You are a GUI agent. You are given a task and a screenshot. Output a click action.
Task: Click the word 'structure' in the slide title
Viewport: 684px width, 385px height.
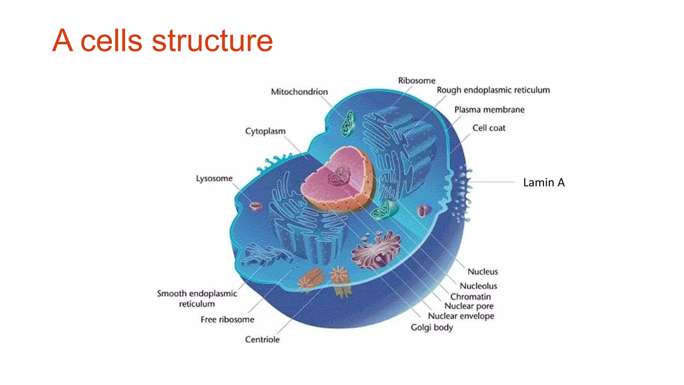click(212, 41)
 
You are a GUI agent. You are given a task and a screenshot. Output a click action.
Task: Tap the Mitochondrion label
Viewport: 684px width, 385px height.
click(299, 92)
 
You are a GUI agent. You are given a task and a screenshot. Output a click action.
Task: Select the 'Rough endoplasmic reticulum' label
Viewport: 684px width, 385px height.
click(493, 90)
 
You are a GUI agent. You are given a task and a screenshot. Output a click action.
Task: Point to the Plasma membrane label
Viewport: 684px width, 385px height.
click(489, 110)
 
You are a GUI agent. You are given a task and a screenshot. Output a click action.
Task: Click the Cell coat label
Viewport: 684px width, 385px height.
click(489, 128)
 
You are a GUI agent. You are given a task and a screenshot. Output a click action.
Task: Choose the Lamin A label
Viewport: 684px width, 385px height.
click(544, 182)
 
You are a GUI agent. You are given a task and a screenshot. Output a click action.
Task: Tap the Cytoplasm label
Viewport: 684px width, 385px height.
click(265, 131)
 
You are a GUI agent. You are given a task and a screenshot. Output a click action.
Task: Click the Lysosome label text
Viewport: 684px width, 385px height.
click(214, 178)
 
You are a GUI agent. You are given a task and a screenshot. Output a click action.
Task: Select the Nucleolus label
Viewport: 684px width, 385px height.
click(478, 286)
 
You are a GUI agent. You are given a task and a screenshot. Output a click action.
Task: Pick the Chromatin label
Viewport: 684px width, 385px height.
click(471, 297)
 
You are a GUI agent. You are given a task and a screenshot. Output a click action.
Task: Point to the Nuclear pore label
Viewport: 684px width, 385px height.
click(469, 306)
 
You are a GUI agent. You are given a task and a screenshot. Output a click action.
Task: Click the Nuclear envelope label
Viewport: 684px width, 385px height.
click(461, 316)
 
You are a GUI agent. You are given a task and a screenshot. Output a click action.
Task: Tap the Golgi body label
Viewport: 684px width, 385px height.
click(432, 328)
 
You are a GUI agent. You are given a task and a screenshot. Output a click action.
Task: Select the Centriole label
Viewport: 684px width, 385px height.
click(262, 340)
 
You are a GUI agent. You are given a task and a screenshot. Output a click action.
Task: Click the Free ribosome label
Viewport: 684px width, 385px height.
click(227, 319)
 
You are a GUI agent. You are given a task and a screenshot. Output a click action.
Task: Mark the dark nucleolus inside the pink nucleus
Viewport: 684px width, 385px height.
click(339, 176)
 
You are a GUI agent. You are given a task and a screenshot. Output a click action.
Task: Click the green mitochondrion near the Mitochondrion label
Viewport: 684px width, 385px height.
click(347, 124)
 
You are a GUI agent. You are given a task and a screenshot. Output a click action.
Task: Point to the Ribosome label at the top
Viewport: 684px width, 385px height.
click(416, 81)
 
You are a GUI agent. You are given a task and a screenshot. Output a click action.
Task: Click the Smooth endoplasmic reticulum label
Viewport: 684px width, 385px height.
click(197, 298)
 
